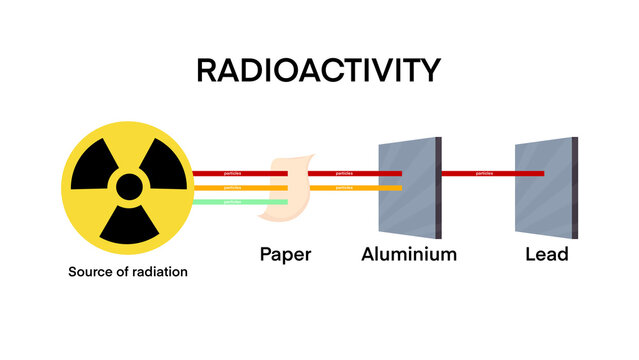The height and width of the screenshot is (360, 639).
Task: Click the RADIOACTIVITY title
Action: click(x=318, y=70)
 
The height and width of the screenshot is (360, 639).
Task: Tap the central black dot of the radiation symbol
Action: click(x=128, y=187)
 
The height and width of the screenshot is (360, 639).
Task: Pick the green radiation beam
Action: click(x=240, y=202)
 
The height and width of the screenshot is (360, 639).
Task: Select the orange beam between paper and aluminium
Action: click(x=355, y=187)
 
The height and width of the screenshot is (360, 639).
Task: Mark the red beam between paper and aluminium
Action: click(x=345, y=173)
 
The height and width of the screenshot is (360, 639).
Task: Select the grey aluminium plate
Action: click(x=408, y=185)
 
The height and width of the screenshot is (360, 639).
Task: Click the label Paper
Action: click(x=285, y=254)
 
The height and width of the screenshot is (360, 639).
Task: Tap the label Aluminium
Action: click(x=408, y=254)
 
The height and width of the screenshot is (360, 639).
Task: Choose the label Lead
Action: click(x=546, y=254)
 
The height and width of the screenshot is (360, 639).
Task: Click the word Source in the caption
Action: click(x=90, y=271)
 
